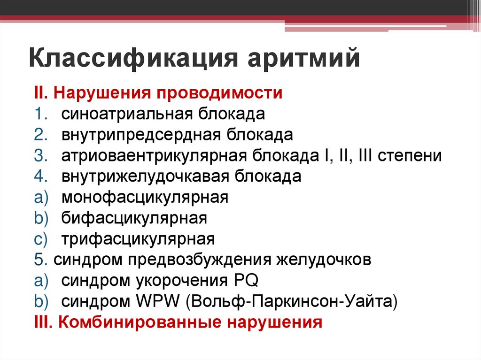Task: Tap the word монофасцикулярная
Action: click(x=145, y=198)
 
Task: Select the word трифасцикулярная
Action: click(x=138, y=239)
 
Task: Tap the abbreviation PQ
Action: click(x=246, y=281)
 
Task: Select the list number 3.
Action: click(x=38, y=155)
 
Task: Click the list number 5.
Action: click(x=38, y=260)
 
